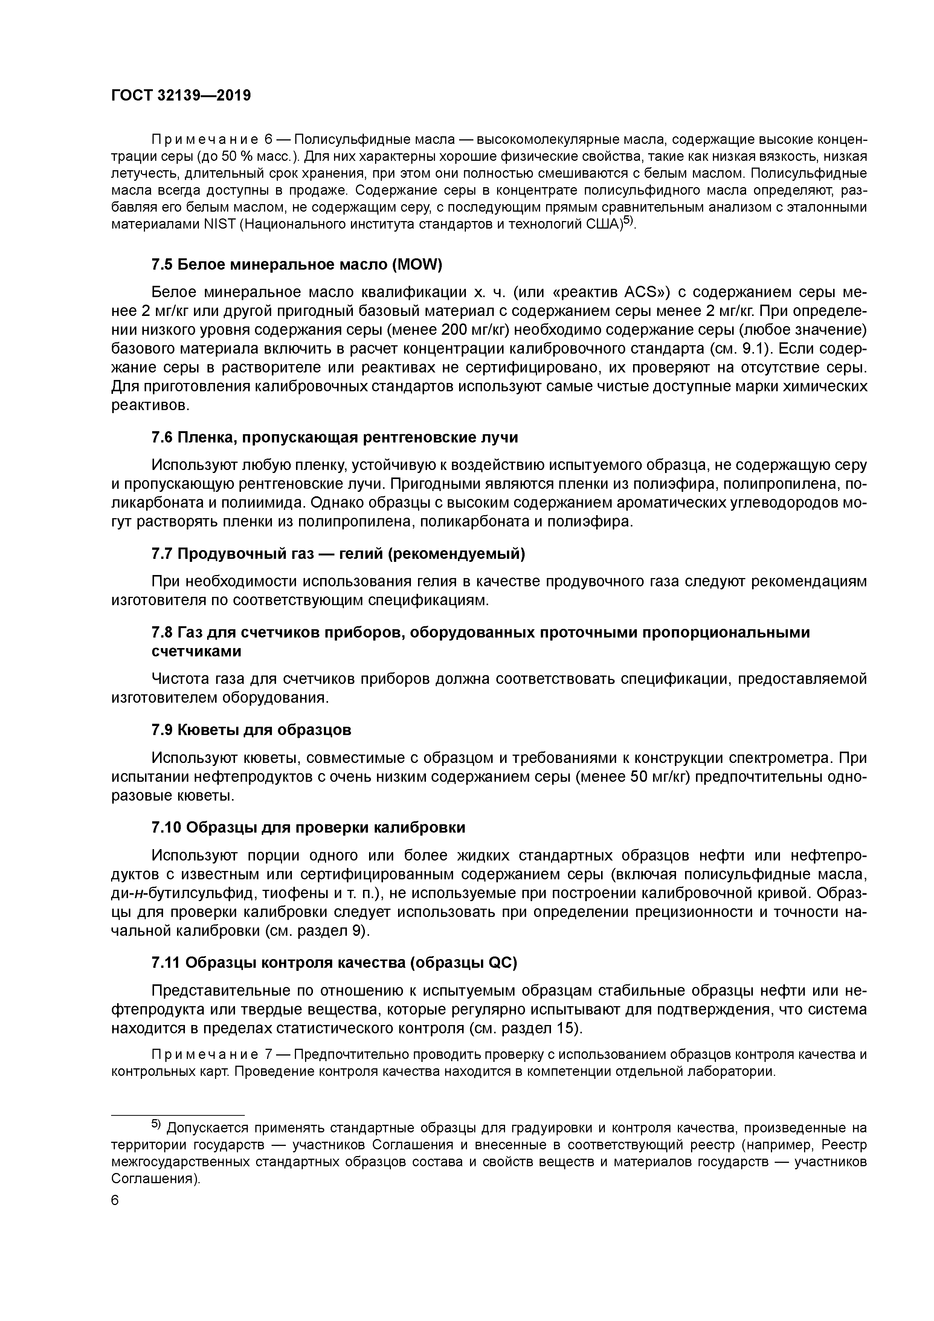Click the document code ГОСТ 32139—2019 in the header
[181, 96]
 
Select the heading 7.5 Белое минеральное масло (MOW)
[296, 265]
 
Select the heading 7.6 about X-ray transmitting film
[334, 437]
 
